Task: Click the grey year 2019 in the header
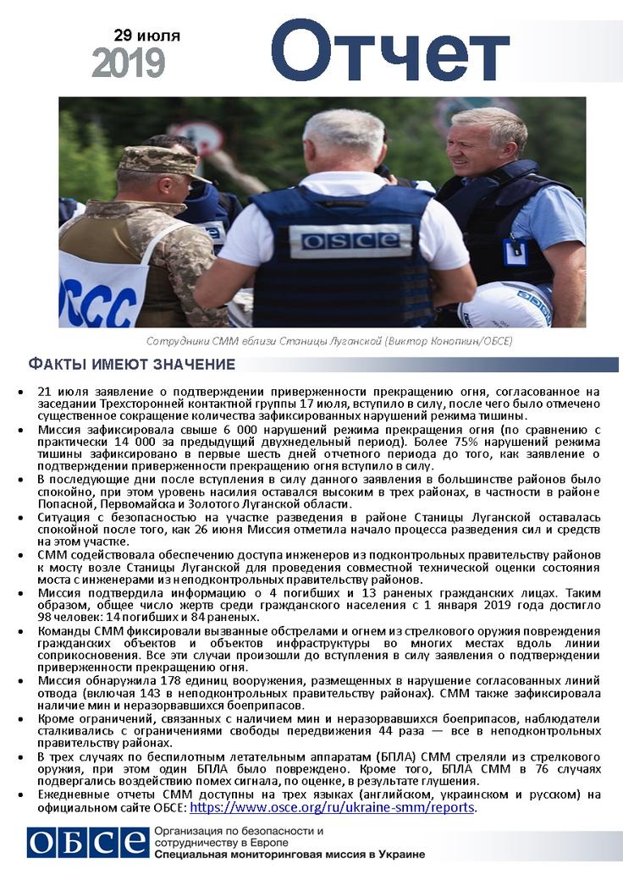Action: point(129,63)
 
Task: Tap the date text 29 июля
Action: point(146,36)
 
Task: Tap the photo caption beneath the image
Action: point(329,341)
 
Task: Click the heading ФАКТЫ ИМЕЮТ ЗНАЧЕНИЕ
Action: point(131,365)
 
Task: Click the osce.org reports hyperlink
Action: point(333,807)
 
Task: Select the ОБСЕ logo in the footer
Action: point(87,843)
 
